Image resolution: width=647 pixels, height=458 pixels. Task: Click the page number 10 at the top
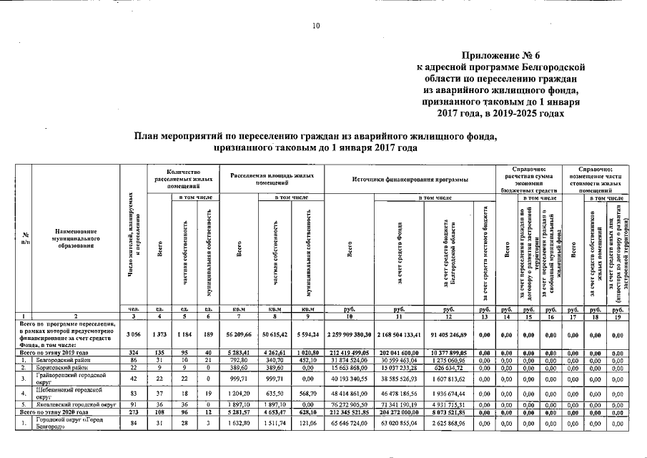point(315,26)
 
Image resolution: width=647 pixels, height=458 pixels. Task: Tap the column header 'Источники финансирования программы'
point(410,179)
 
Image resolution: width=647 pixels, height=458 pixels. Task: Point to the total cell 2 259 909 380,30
point(350,333)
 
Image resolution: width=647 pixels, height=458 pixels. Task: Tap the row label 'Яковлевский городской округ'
point(76,405)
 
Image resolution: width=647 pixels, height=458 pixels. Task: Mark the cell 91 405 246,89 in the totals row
point(448,333)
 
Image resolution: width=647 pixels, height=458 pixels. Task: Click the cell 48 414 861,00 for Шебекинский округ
point(350,394)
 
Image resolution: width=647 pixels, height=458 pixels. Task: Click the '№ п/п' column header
point(26,235)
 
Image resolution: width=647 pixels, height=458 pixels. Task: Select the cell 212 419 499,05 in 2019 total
point(350,352)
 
